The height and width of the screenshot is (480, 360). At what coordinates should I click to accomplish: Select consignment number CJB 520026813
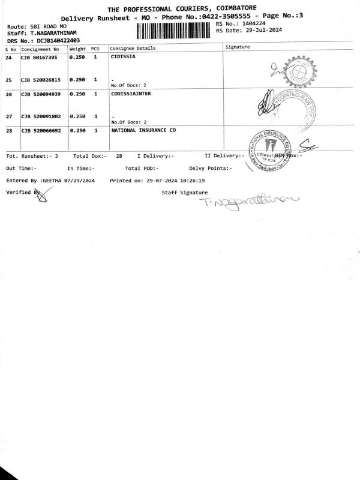(x=43, y=80)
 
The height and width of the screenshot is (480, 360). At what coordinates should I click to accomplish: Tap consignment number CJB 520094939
(x=43, y=94)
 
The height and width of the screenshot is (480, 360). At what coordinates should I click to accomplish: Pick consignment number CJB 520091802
(x=43, y=116)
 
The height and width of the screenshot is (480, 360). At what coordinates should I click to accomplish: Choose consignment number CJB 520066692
(x=43, y=130)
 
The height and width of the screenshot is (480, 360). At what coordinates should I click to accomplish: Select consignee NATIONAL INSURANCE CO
(x=143, y=130)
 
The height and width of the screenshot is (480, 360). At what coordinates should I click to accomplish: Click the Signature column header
(x=237, y=46)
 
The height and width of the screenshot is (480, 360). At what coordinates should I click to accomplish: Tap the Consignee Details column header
(x=133, y=48)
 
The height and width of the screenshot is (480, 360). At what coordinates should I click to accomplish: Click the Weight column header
(x=77, y=48)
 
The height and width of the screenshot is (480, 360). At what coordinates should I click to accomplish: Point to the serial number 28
(x=8, y=130)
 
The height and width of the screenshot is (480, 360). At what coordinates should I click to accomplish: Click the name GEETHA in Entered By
(x=55, y=180)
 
